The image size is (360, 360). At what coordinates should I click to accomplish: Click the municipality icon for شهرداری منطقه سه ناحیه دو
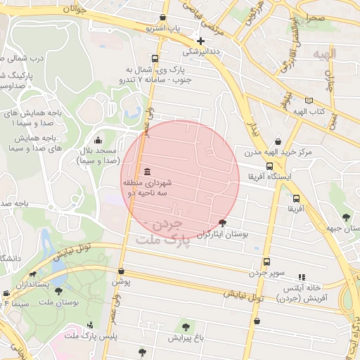[x=146, y=172]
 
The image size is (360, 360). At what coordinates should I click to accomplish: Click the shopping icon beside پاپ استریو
[x=163, y=18]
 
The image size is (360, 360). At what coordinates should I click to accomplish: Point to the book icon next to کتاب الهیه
[x=309, y=101]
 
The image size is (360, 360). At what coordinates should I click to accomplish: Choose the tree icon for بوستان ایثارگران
[x=224, y=223]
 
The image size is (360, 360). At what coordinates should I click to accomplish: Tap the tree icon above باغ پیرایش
[x=186, y=326]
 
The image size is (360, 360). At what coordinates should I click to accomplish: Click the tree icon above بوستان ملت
[x=58, y=291]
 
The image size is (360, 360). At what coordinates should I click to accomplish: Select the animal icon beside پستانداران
[x=32, y=275]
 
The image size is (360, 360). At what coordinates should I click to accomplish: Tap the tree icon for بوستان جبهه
[x=345, y=217]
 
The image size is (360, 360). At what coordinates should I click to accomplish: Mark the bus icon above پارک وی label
[x=155, y=59]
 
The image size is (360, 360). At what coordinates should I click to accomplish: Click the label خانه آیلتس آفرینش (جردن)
[x=302, y=293]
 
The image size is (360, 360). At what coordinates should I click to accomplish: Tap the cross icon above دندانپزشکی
[x=201, y=41]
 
